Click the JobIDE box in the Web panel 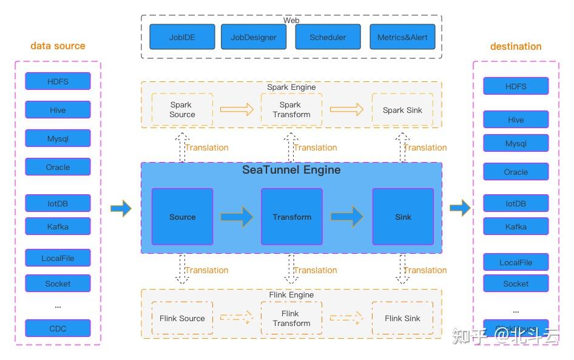(x=183, y=37)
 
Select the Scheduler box (x=328, y=37)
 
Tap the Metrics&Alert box (x=402, y=37)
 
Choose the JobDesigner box (x=254, y=37)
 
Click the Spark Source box (x=182, y=109)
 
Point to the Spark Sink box (x=402, y=110)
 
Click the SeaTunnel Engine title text (x=291, y=170)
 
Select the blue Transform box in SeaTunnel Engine (x=292, y=217)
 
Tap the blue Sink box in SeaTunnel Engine (x=403, y=217)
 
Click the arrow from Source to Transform (x=237, y=217)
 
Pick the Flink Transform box (x=291, y=318)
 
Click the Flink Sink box (x=402, y=318)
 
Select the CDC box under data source (x=58, y=328)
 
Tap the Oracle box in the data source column (x=58, y=167)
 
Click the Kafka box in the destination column (x=516, y=226)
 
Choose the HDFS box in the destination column (x=516, y=86)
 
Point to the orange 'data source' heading (x=58, y=46)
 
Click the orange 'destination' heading (x=516, y=46)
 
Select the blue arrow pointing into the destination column (x=460, y=208)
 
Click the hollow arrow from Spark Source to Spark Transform (x=237, y=109)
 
